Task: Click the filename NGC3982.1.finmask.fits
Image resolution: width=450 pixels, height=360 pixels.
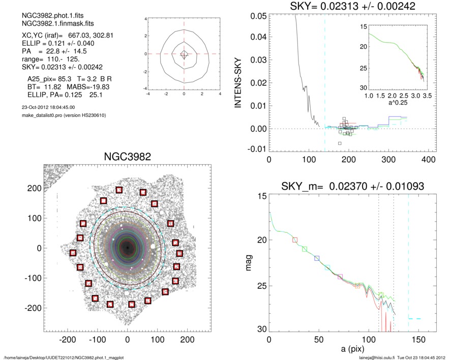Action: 50,23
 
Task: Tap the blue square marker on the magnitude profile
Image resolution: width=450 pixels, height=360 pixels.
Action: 317,258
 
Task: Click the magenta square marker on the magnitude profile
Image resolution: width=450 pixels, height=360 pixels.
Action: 340,277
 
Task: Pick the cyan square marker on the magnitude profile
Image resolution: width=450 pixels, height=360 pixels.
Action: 327,267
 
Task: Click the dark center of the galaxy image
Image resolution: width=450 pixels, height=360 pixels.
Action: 127,248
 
